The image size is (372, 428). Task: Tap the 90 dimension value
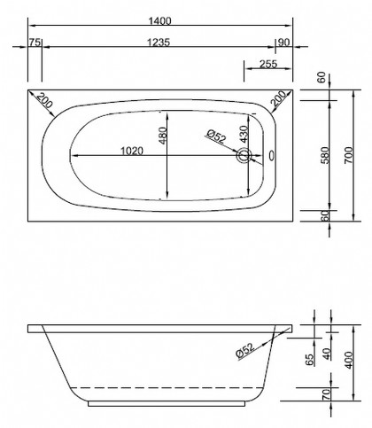point(284,42)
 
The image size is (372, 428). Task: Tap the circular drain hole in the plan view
point(244,158)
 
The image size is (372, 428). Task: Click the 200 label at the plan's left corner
point(43,104)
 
